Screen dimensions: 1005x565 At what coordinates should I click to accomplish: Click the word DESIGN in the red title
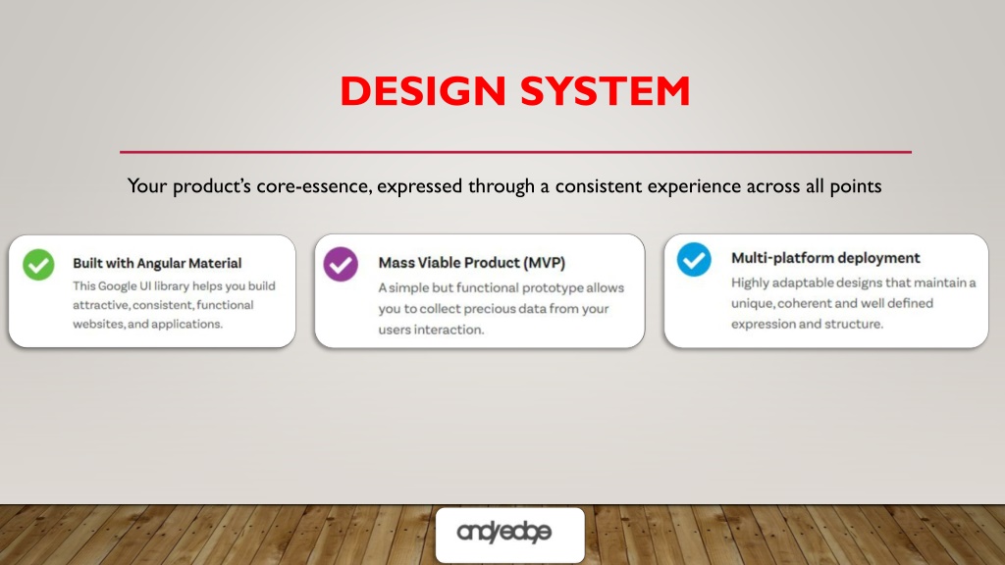coord(423,91)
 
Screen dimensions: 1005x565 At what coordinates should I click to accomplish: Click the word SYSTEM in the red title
coord(605,91)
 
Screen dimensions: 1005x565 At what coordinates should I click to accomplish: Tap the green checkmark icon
coord(38,265)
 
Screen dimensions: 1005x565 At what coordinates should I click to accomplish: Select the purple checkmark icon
coord(341,264)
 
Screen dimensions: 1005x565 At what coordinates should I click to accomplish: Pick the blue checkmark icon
coord(694,259)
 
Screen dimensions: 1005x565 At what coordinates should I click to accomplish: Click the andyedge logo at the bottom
coord(503,532)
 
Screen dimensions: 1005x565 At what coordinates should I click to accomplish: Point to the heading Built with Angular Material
coord(157,263)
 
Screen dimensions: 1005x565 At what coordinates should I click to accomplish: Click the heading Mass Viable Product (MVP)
coord(472,263)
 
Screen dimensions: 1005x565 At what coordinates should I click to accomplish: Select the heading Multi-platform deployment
coord(825,258)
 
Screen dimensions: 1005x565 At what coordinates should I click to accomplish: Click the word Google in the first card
coord(117,285)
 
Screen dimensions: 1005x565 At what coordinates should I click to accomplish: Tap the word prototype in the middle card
coord(552,288)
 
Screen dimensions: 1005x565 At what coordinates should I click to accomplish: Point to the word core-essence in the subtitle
coord(314,185)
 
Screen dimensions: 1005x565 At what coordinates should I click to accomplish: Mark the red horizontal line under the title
coord(515,152)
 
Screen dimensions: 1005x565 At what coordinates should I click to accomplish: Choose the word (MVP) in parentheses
coord(544,263)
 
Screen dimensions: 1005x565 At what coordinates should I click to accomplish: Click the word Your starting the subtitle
coord(147,185)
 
